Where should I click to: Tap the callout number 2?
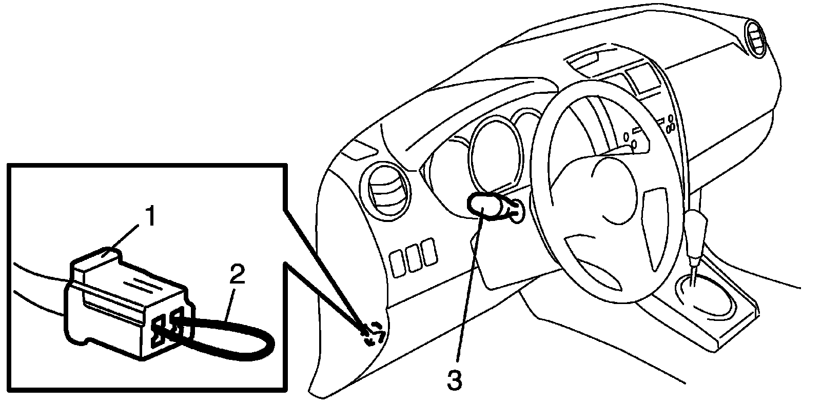[237, 277]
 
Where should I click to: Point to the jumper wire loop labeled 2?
[241, 341]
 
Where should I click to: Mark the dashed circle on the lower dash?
[373, 335]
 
